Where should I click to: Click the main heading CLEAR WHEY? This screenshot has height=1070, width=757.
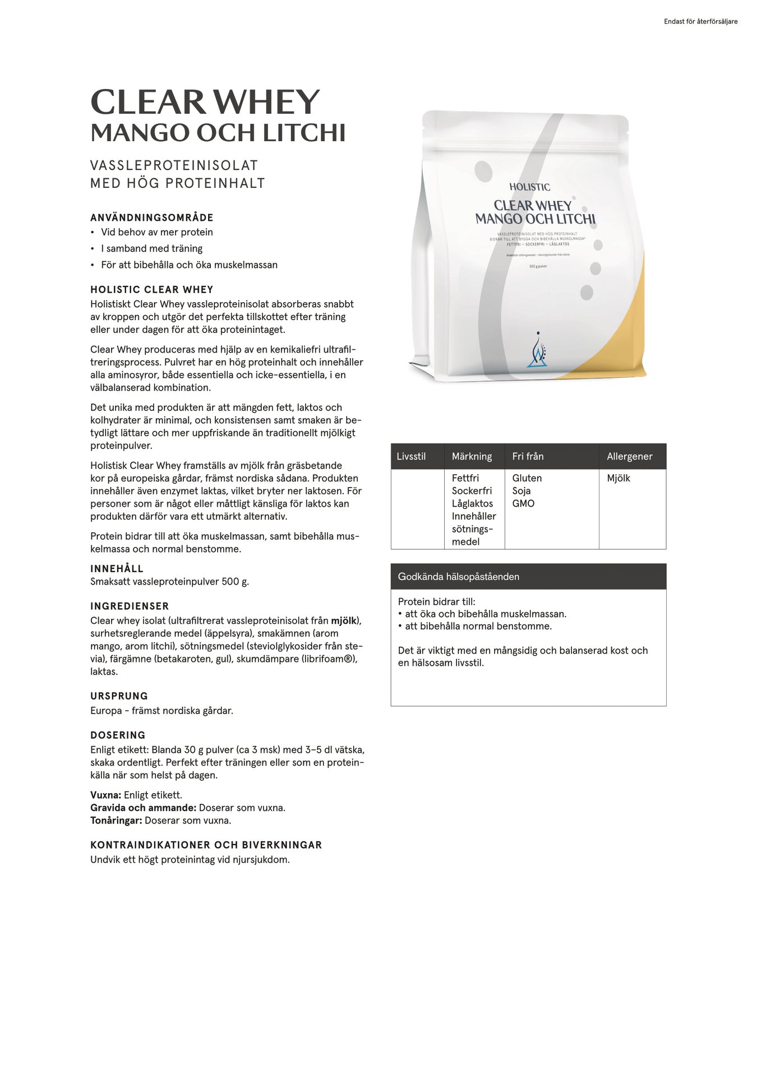coord(205,103)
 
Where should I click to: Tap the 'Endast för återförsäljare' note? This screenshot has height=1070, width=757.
coord(700,22)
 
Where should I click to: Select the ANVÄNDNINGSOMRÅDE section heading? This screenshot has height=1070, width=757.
coord(152,217)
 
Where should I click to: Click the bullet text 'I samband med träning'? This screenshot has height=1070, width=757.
coord(151,248)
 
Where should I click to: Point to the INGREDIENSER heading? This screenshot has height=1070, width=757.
coord(130,606)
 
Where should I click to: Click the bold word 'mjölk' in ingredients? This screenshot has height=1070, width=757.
coord(344,620)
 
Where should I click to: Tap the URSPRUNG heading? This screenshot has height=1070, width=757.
coord(119,696)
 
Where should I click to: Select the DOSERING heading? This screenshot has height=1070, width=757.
coord(118,735)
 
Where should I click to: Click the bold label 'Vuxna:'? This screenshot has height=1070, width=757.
coord(105,795)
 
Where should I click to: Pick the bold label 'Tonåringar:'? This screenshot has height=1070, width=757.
coord(116,820)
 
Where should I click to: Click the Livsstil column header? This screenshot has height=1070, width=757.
coord(411,456)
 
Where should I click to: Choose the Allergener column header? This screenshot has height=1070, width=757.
coord(629,456)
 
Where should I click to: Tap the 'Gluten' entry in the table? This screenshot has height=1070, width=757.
coord(527,478)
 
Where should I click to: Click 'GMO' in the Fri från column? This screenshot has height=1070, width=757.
coord(523,503)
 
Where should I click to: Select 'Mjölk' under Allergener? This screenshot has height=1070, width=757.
coord(618,478)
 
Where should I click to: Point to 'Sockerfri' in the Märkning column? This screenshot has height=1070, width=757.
coord(472,490)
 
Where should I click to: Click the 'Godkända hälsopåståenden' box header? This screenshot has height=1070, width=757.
coord(458,576)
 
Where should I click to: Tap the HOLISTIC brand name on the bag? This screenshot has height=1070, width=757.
coord(529,187)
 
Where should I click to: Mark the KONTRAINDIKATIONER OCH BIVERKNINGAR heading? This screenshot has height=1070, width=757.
coord(206,845)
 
